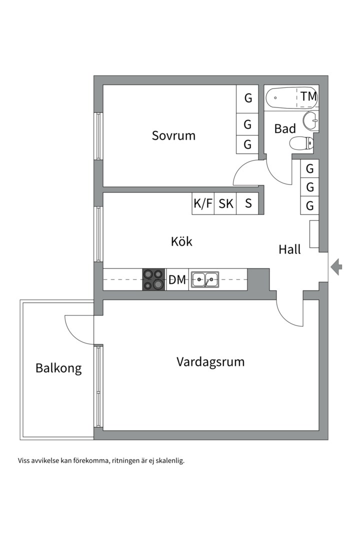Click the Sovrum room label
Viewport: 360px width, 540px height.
pos(173,135)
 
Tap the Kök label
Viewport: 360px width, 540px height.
pos(181,241)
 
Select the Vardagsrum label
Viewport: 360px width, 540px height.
pos(210,361)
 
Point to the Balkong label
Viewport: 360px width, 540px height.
pos(58,369)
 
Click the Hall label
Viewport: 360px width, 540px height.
pos(290,249)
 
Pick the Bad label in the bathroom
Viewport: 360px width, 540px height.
pos(285,128)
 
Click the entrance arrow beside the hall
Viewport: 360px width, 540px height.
pos(337,267)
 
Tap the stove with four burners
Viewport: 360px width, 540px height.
pos(153,279)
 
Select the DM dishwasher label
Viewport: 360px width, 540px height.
pos(177,280)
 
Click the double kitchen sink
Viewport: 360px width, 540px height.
pos(204,279)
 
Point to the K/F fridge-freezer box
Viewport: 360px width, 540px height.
pos(203,204)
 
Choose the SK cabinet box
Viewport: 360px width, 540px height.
pos(226,204)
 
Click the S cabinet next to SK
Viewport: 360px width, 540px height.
pos(248,204)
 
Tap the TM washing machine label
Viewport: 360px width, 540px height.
pos(308,96)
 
